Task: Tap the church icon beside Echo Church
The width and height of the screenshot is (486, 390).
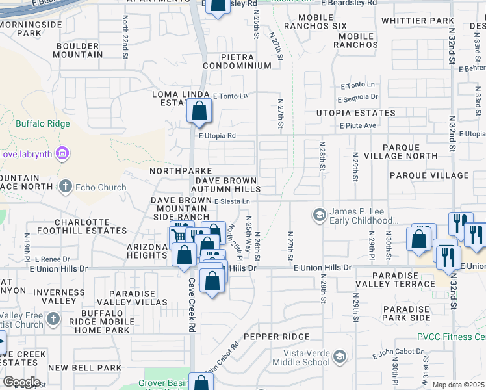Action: pyautogui.click(x=64, y=188)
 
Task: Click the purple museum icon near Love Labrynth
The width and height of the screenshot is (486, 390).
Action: pyautogui.click(x=62, y=154)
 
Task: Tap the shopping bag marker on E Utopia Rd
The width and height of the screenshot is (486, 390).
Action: pyautogui.click(x=199, y=112)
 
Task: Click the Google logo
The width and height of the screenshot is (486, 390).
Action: pyautogui.click(x=21, y=382)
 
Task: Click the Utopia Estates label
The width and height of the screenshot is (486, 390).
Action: pyautogui.click(x=355, y=113)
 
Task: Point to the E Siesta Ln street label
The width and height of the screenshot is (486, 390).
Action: pyautogui.click(x=233, y=201)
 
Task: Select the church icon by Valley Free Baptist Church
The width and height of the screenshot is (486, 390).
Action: pyautogui.click(x=54, y=319)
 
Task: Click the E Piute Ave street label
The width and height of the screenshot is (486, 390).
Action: pyautogui.click(x=358, y=125)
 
